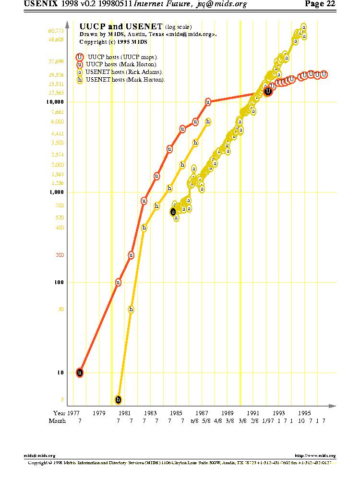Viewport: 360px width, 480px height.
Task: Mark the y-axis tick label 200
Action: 60,254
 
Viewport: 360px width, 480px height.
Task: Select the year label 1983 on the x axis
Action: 150,412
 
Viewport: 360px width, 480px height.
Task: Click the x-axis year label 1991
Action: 253,412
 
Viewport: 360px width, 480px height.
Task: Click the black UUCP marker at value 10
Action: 80,372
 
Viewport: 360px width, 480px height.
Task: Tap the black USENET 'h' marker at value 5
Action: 118,399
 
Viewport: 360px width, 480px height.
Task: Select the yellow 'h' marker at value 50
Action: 131,309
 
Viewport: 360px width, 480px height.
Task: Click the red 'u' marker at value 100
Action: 118,282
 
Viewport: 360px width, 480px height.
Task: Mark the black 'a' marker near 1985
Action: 173,212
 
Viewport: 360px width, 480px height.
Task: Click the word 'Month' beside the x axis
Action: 57,421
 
